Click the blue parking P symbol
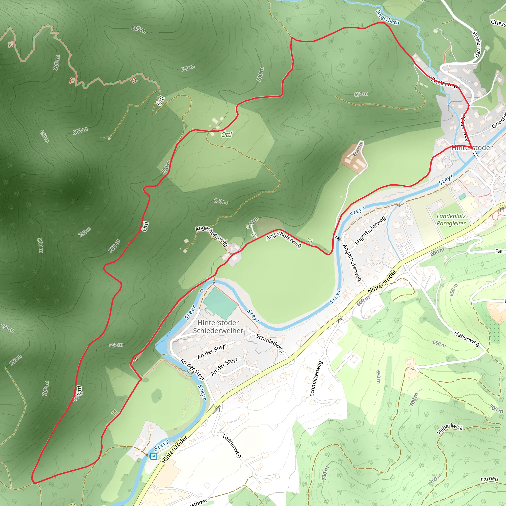click(153, 457)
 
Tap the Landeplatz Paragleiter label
click(451, 220)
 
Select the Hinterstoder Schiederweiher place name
click(218, 327)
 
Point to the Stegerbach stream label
click(387, 17)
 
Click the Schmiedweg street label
click(270, 343)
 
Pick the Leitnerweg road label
click(232, 446)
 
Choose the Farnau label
click(489, 479)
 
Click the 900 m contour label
click(57, 63)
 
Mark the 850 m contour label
click(44, 136)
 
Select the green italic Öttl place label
click(227, 135)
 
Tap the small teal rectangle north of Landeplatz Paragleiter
click(463, 196)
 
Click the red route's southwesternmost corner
click(33, 483)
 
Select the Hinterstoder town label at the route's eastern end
click(472, 148)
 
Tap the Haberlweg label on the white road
click(467, 338)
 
